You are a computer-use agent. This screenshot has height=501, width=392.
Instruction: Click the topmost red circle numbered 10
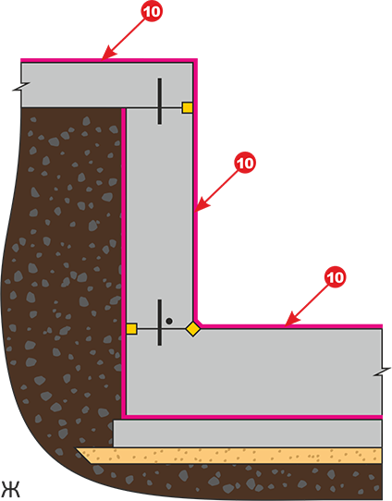pos(152,11)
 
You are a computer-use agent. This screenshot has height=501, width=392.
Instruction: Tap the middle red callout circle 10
pos(245,164)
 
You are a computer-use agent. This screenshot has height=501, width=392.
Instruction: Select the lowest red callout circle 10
pos(335,277)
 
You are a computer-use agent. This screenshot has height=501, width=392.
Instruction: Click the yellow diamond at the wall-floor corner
pos(193,329)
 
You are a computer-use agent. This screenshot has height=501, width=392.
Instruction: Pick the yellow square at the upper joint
pos(187,107)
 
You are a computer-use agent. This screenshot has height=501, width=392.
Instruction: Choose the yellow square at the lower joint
pos(131,329)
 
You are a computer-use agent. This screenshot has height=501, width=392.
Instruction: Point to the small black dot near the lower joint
pos(169,321)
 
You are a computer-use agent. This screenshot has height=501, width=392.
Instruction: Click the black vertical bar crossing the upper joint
pos(159,101)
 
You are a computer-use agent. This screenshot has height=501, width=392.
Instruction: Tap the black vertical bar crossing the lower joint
pos(159,323)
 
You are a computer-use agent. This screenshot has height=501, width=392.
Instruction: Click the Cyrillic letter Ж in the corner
pos(10,489)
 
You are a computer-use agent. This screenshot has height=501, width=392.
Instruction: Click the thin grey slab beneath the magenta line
pos(248,434)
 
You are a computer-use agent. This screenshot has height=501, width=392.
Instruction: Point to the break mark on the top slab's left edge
pos(21,87)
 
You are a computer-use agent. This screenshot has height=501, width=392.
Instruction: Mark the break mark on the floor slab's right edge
pos(382,372)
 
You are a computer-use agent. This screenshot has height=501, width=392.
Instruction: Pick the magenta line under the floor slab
pos(252,417)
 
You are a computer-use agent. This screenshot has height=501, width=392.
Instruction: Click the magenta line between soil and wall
pos(124,262)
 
